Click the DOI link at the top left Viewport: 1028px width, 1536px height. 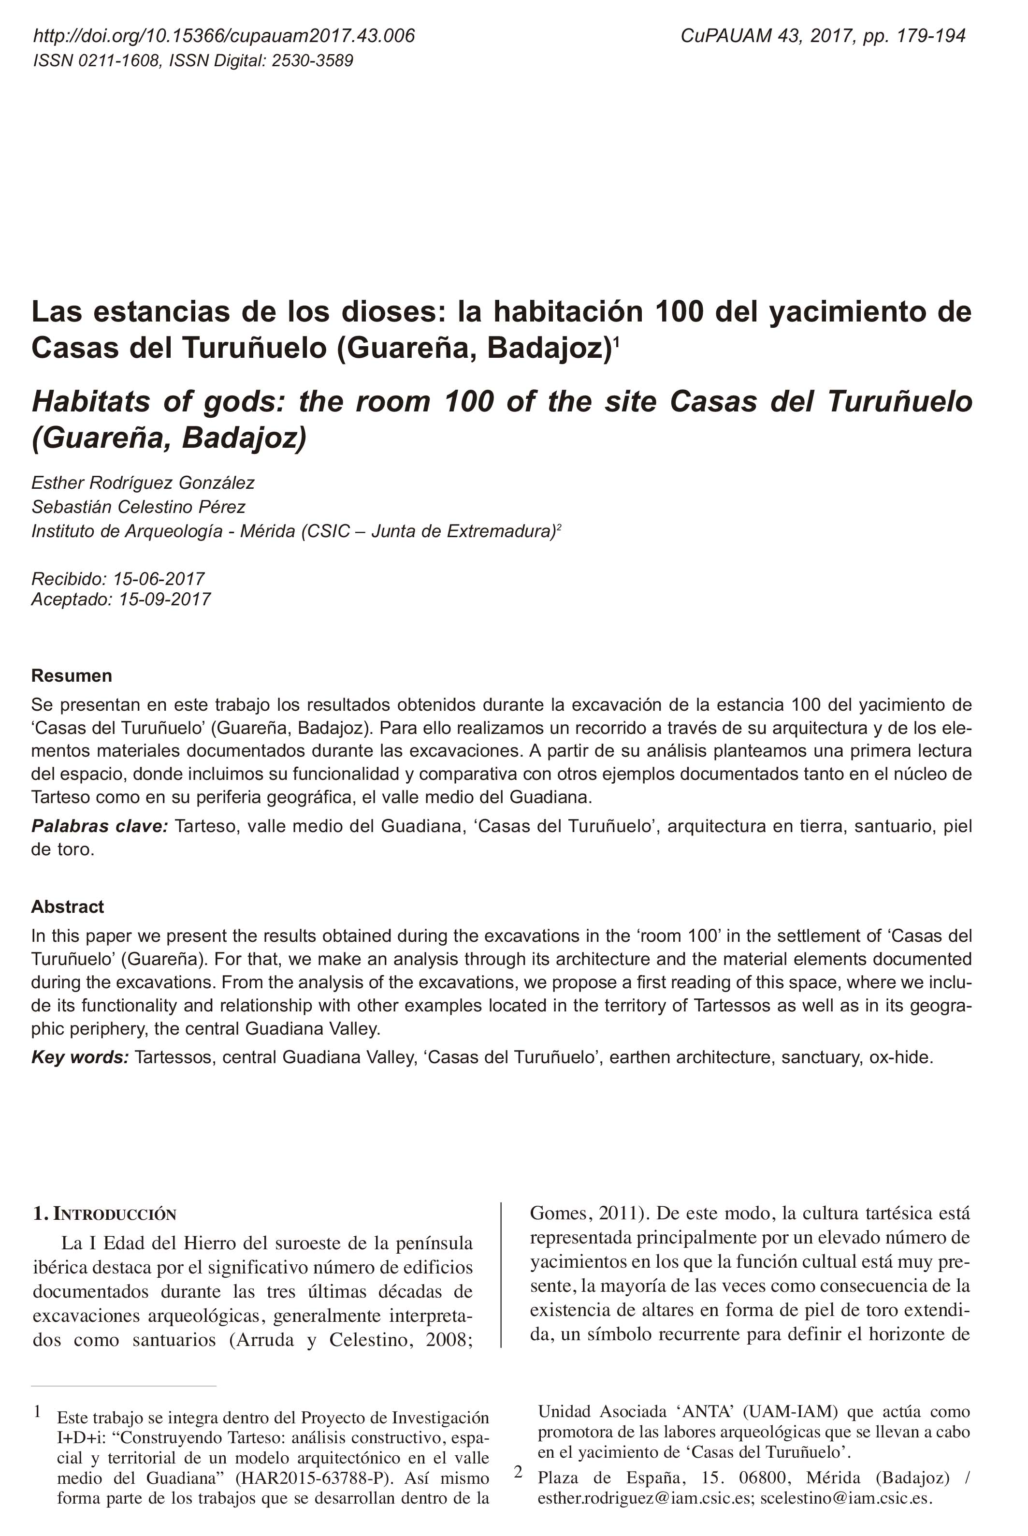pos(224,35)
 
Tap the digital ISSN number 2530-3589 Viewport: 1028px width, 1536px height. pos(312,61)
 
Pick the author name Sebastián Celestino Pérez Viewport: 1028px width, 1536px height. pos(138,507)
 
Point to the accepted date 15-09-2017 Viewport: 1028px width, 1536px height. pos(164,599)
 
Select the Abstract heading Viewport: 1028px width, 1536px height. pos(68,907)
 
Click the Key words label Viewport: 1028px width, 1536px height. pos(80,1057)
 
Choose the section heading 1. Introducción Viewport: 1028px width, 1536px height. pos(105,1214)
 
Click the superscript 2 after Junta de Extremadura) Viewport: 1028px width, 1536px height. pos(559,526)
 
